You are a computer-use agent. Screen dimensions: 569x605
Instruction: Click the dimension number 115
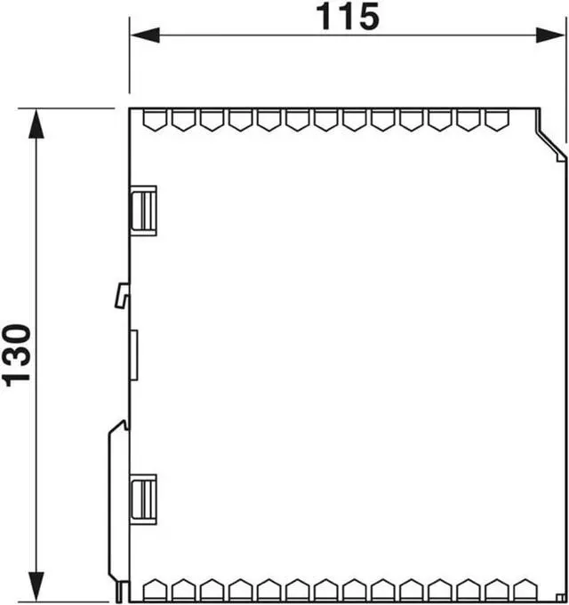[x=348, y=18]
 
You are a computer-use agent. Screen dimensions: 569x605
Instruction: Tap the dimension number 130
[x=19, y=354]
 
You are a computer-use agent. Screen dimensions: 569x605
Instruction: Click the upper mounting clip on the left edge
[x=143, y=210]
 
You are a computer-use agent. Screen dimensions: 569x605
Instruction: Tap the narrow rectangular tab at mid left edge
[x=133, y=354]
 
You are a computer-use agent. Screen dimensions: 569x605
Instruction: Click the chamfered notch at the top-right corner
[x=551, y=138]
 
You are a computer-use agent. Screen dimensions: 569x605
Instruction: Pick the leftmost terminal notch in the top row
[x=155, y=120]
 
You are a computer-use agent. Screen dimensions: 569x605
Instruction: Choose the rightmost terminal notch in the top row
[x=495, y=120]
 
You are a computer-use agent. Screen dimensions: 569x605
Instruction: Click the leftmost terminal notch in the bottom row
[x=155, y=590]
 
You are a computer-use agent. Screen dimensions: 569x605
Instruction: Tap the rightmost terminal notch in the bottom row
[x=524, y=590]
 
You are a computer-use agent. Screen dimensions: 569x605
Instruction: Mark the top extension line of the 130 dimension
[x=71, y=108]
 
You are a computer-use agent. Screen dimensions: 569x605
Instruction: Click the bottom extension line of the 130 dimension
[x=71, y=601]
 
